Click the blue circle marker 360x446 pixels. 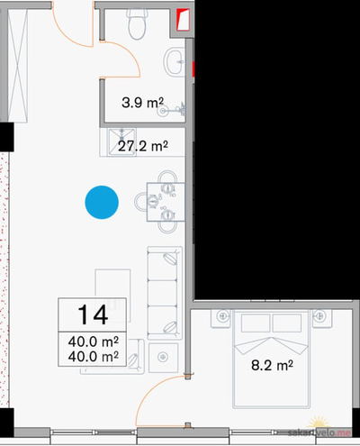tap(102, 202)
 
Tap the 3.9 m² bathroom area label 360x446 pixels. tap(142, 103)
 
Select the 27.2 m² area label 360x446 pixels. tap(142, 146)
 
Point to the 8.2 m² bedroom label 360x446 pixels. tap(272, 365)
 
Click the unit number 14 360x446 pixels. tap(93, 314)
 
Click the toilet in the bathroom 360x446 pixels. tap(138, 24)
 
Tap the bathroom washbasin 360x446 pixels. tap(174, 62)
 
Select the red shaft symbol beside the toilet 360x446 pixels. tap(183, 20)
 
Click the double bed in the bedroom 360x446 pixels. tap(272, 360)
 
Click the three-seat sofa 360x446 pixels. tap(165, 293)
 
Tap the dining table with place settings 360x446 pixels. tap(166, 202)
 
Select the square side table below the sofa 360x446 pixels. tap(163, 358)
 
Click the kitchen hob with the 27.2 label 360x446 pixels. tap(122, 142)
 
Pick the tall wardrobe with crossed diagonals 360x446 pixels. tap(18, 65)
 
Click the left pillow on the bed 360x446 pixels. tap(256, 323)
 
